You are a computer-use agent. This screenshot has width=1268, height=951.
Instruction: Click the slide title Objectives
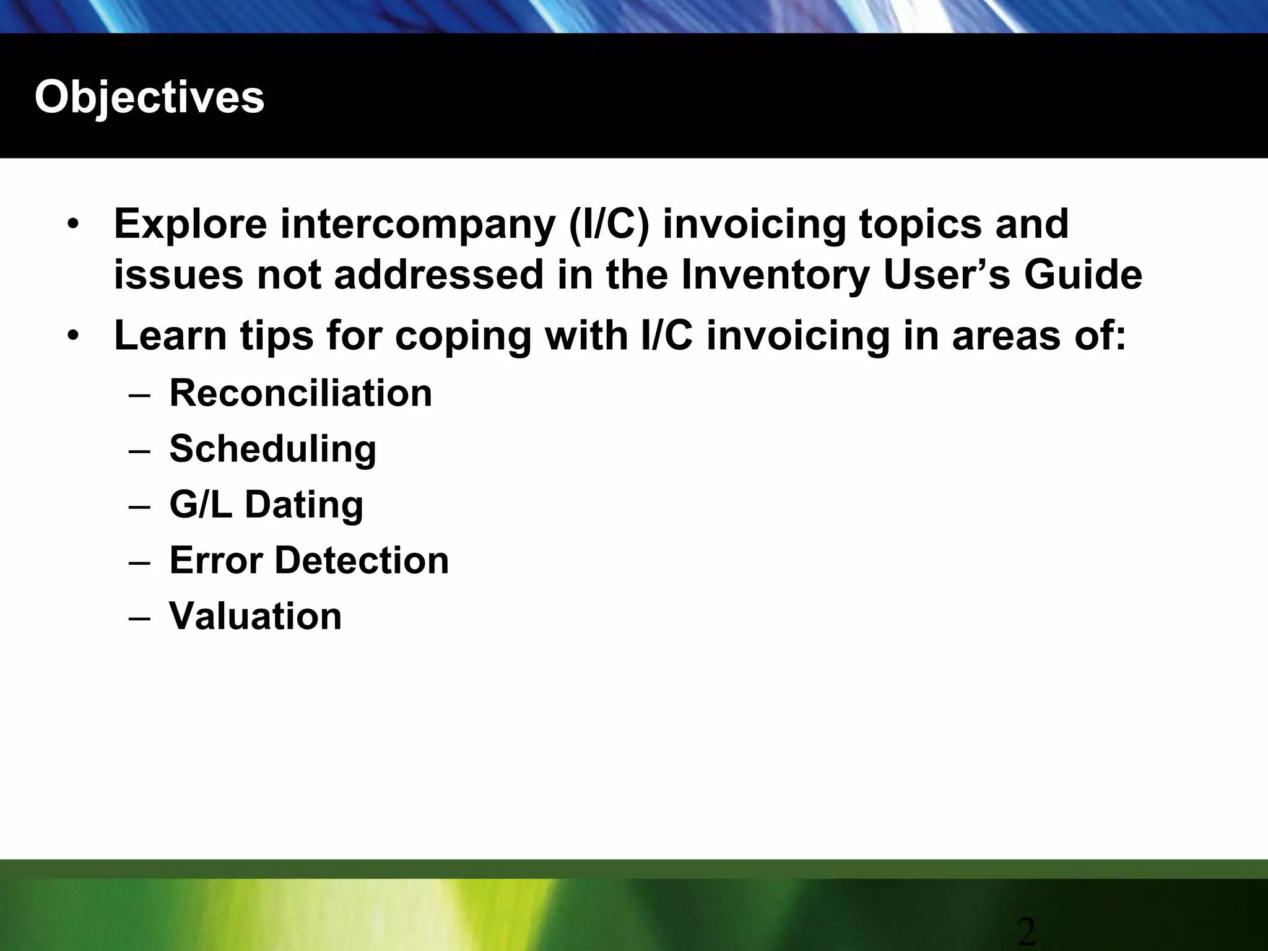point(149,97)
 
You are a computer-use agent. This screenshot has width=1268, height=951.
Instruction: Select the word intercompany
point(418,225)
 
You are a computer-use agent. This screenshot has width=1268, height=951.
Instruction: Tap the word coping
point(463,336)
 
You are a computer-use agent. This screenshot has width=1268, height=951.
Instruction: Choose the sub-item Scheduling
point(272,449)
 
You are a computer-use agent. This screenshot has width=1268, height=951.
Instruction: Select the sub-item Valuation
point(255,616)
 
